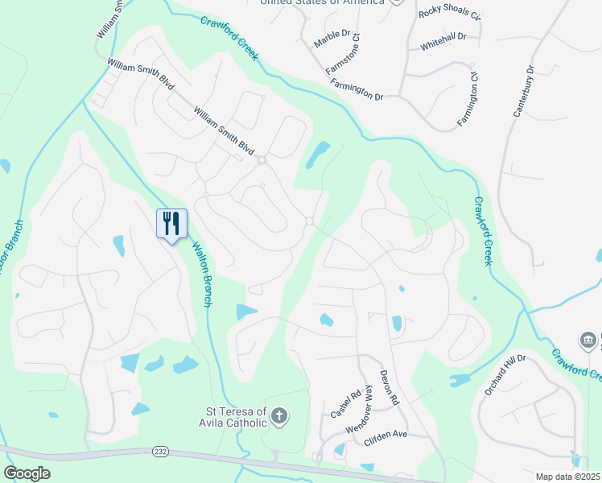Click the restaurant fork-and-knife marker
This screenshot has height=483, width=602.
(x=171, y=223)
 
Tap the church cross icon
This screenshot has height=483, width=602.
(x=278, y=415)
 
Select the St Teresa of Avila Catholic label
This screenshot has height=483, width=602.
(x=232, y=415)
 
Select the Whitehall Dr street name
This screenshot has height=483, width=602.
(x=443, y=47)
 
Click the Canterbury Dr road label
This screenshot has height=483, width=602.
(x=524, y=91)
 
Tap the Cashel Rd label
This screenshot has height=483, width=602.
(x=344, y=403)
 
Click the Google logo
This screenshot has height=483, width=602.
(x=27, y=473)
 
